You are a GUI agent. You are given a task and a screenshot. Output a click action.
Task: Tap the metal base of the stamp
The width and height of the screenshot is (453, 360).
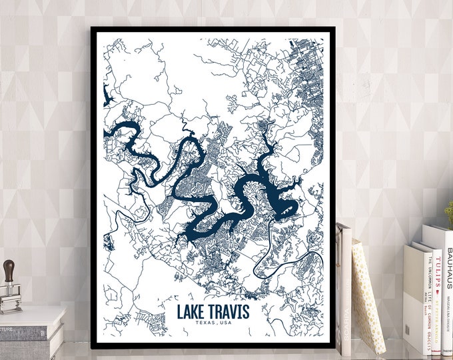point(10,303)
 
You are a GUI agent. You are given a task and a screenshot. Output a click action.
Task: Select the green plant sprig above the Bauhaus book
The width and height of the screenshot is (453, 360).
point(449,212)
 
